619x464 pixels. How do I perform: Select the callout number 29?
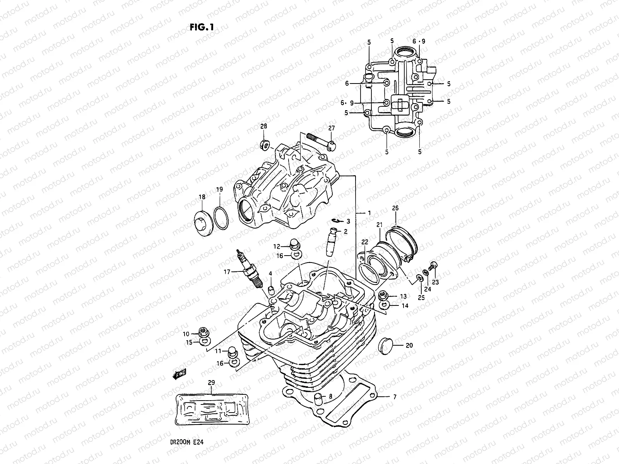(211, 382)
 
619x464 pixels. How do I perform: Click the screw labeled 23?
(434, 266)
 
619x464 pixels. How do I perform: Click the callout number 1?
(369, 213)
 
